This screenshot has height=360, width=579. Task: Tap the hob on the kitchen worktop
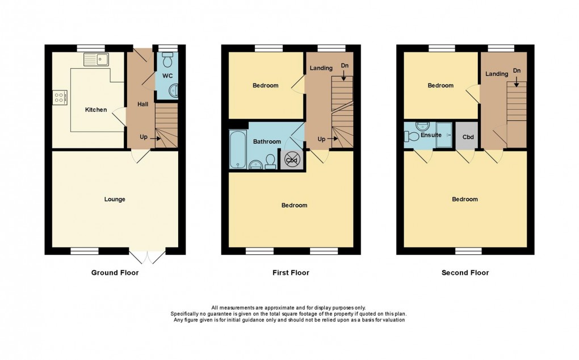coord(60,98)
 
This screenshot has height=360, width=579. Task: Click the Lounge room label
coord(115,199)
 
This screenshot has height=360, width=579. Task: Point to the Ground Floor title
coord(115,273)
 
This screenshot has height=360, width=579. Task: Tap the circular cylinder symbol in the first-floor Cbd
coord(291,160)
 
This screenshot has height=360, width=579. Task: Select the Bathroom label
coord(267,141)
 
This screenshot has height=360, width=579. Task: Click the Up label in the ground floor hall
coord(145,137)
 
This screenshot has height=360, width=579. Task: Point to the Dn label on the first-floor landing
coord(345,66)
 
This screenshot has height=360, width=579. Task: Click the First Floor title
coord(291,273)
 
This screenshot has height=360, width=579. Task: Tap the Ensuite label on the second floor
coord(430,135)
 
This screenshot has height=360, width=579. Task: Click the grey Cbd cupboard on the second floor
coord(468,136)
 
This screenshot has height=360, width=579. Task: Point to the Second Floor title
coord(465,273)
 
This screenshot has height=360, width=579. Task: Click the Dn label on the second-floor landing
coord(516,70)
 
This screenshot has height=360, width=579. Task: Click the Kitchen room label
coord(96,110)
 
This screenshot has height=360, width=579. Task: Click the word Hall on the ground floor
coord(142,104)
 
